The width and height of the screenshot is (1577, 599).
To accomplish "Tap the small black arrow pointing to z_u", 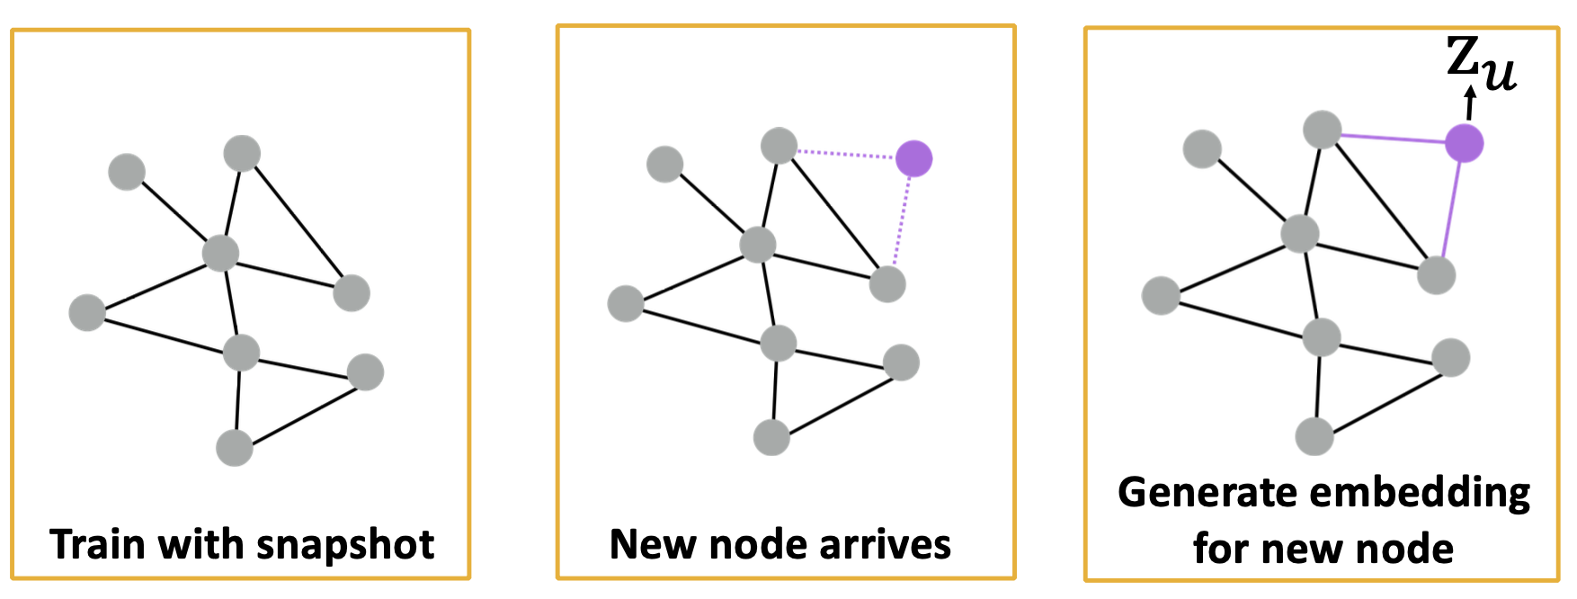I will pos(1470,103).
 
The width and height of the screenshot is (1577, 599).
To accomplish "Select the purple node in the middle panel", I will pos(913,159).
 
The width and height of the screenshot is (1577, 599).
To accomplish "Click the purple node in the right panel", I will pos(1464,143).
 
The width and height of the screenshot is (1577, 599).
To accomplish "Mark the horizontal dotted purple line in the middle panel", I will pos(846,154).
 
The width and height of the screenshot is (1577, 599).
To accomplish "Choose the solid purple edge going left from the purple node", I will pos(1393,139).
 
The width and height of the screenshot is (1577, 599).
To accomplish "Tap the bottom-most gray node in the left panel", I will pos(235,448).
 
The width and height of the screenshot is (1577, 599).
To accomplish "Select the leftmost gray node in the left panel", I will pos(87,312).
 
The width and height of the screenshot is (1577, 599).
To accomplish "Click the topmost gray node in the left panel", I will pos(242,153).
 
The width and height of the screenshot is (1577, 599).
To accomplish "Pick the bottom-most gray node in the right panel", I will pos(1314,436).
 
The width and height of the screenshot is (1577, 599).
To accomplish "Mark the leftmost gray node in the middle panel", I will pos(626,303).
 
